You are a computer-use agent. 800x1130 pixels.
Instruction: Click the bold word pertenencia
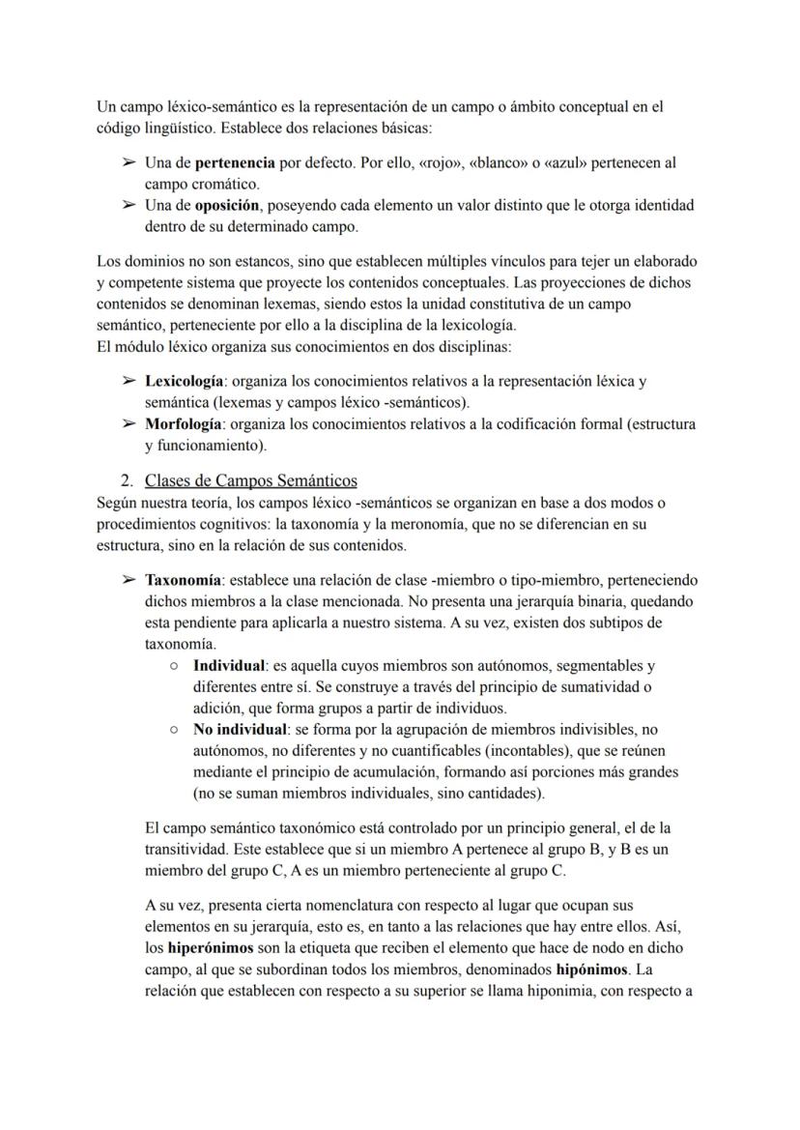234,162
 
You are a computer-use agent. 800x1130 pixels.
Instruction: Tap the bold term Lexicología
183,381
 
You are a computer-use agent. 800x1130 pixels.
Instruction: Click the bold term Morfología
184,423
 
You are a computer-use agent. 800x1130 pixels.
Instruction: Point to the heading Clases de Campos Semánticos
251,480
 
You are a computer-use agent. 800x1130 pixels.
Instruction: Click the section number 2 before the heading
125,480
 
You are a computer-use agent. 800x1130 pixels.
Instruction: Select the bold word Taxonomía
184,580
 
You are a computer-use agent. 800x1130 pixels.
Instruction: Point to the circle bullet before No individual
173,729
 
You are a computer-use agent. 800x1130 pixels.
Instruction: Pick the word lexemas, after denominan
277,303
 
